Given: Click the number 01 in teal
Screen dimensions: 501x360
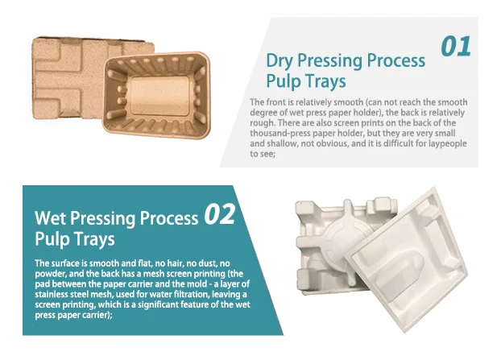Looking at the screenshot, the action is click(456, 47).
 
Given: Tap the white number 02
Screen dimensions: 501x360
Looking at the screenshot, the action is click(220, 214).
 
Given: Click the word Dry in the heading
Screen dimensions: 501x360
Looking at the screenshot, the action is click(279, 60).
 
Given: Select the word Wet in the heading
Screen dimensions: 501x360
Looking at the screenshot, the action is click(51, 218).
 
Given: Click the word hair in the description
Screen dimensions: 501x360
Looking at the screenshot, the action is click(173, 263).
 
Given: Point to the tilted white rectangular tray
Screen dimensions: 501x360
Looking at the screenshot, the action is click(407, 259).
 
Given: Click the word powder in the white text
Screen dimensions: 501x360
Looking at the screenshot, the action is click(49, 274).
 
